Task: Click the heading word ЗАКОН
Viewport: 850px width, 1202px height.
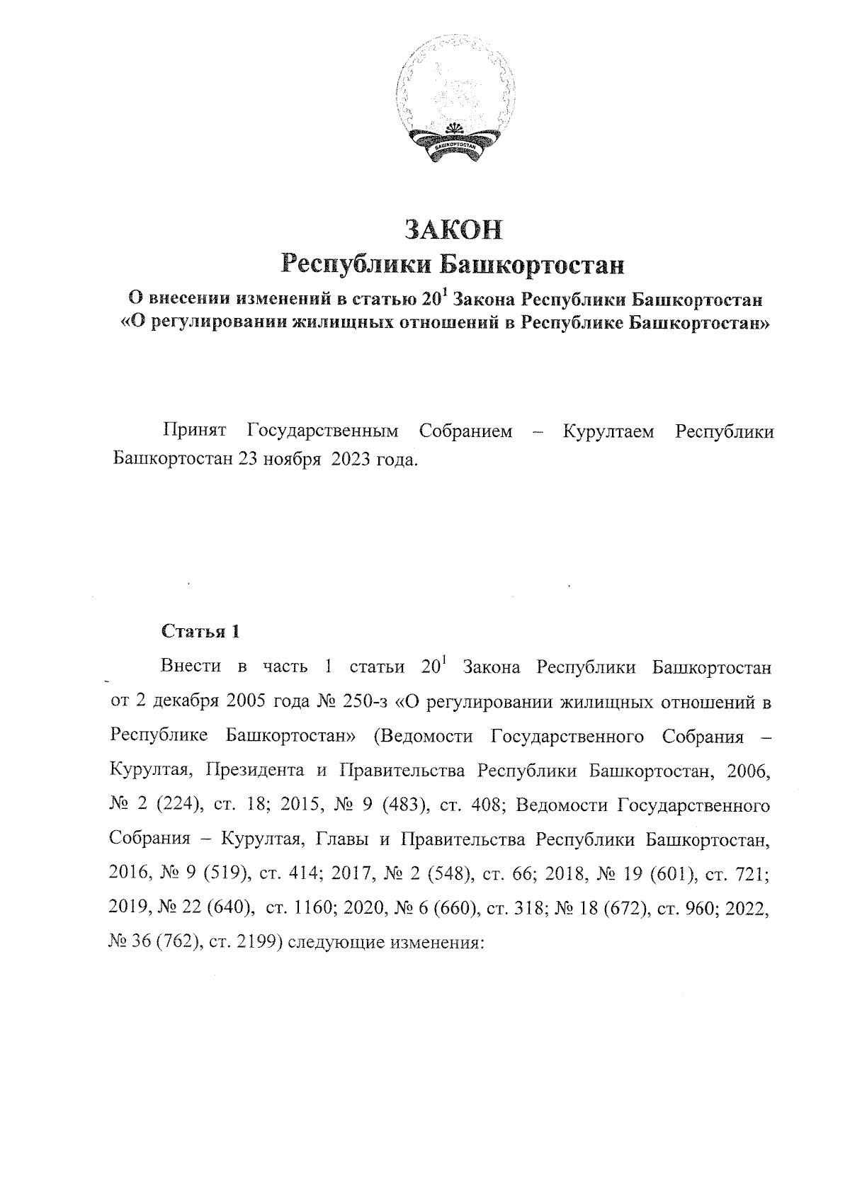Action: (453, 230)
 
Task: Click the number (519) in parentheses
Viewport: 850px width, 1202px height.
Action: (225, 874)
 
